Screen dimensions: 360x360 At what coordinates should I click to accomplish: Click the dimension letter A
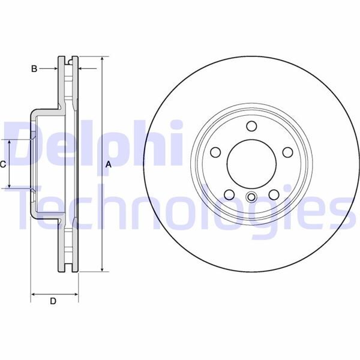[109, 164]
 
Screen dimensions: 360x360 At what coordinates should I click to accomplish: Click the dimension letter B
[35, 70]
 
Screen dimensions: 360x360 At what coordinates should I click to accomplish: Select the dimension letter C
[3, 164]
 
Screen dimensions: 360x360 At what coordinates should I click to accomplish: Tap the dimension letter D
[53, 301]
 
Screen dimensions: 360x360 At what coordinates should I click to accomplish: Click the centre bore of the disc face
[251, 163]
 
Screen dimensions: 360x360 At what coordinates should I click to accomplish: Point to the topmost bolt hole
[251, 126]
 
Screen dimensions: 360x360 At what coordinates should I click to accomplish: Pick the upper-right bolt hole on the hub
[286, 151]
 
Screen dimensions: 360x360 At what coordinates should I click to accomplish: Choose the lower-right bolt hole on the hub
[274, 194]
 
